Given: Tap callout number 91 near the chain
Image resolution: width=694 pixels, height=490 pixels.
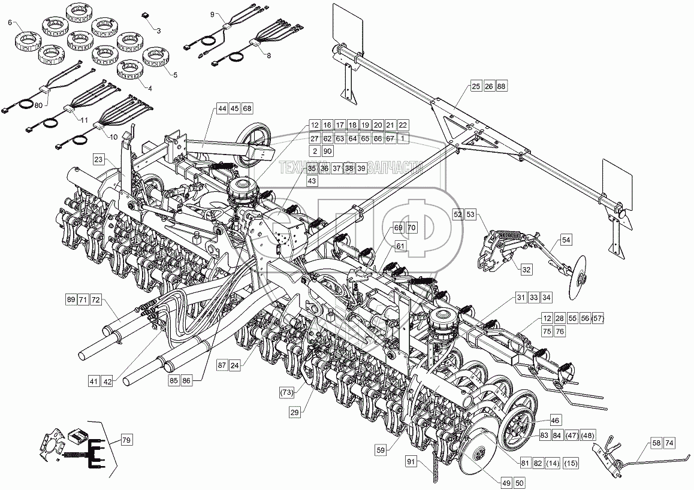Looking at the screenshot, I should tap(411, 462).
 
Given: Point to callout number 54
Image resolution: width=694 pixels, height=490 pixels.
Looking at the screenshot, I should tap(566, 240).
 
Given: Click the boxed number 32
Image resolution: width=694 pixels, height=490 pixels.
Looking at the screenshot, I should tap(526, 270).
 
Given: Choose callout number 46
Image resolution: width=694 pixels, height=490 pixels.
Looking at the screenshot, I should tap(555, 421).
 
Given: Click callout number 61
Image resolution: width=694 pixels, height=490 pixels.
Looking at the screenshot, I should tap(400, 247).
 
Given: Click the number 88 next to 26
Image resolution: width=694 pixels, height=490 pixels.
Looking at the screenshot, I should tap(502, 87).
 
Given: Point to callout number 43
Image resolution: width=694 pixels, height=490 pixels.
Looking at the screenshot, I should tap(312, 180).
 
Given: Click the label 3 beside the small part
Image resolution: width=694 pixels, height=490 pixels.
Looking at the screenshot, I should tap(158, 29).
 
